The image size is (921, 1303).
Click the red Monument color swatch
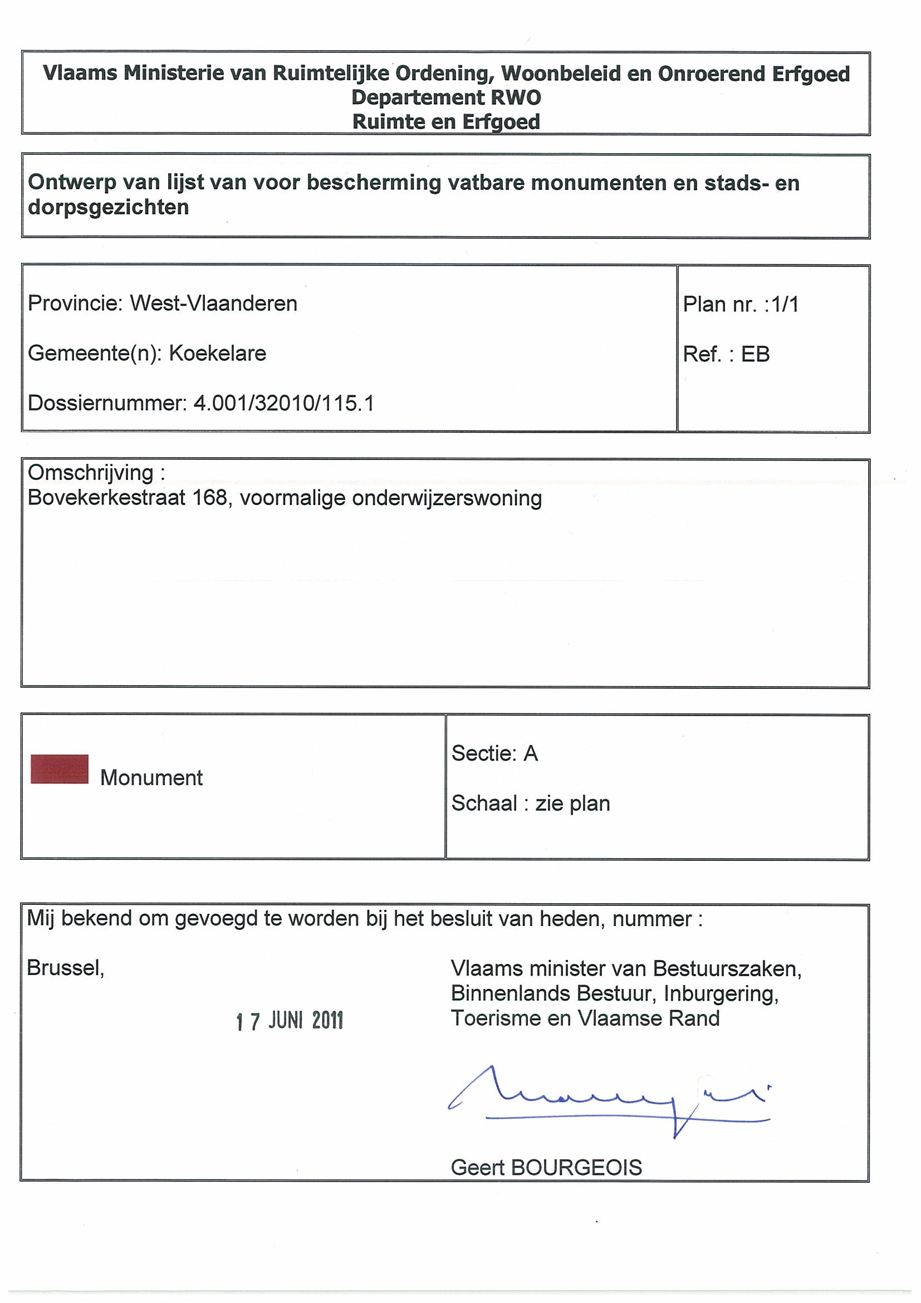(x=60, y=769)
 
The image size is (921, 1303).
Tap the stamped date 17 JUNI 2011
(x=290, y=1021)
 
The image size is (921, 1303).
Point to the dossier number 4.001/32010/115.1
(x=284, y=404)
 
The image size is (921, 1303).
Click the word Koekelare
(x=217, y=354)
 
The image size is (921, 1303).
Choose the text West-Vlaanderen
(x=213, y=303)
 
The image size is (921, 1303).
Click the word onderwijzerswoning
(x=447, y=498)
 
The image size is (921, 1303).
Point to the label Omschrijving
(x=91, y=473)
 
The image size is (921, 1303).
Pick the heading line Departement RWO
(x=446, y=97)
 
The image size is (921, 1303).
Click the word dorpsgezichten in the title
(x=109, y=208)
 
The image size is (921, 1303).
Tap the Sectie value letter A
(x=531, y=753)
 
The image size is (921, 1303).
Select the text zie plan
(x=572, y=804)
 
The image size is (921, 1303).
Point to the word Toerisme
(x=496, y=1018)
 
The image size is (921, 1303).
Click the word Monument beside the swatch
(x=151, y=778)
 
